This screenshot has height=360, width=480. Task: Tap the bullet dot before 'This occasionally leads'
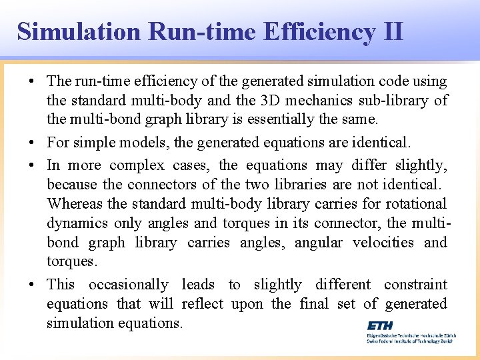click(32, 284)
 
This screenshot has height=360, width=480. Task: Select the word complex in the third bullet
click(137, 165)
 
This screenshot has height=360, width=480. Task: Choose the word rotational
click(413, 203)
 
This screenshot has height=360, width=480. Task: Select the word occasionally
click(129, 284)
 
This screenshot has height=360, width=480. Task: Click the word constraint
click(415, 284)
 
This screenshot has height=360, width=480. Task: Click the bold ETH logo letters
click(380, 325)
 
